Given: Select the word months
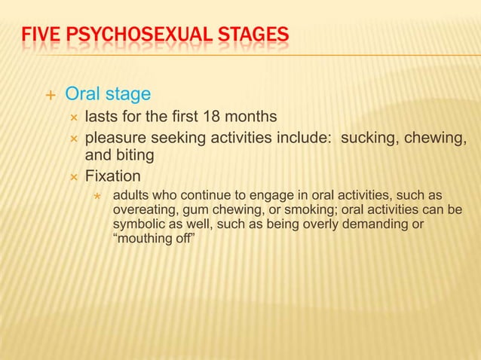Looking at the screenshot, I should [251, 117].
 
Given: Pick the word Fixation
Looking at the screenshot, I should [112, 177].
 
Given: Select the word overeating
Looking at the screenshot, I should [144, 211].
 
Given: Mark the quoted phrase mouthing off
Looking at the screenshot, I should [158, 240].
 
